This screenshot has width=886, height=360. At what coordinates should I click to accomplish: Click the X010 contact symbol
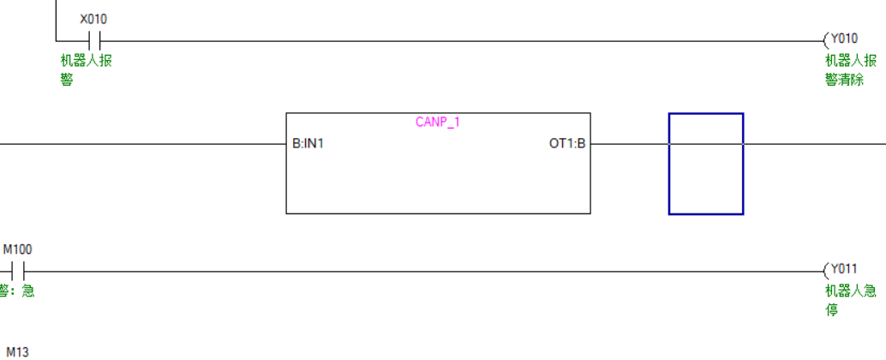point(95,40)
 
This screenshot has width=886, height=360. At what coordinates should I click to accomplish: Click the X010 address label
point(93,19)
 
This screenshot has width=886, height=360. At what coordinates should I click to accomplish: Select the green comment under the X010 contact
point(85,69)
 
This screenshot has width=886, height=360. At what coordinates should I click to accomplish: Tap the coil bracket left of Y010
point(826,39)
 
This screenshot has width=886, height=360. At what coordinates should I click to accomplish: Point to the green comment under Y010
point(850,69)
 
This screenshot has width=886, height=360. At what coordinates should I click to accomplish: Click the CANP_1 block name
point(438,122)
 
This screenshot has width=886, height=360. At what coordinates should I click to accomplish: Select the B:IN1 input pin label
point(308,143)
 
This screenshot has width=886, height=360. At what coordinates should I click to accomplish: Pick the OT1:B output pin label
point(567,143)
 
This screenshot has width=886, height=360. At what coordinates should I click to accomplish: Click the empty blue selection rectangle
point(706,164)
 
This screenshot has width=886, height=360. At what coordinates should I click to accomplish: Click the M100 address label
point(17,249)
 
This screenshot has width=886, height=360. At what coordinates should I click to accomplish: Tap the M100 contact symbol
point(18,272)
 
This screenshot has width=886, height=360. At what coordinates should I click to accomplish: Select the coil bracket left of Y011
point(826,271)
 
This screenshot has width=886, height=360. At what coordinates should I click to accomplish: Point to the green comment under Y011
point(850,300)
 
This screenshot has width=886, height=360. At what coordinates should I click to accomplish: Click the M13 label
point(17,351)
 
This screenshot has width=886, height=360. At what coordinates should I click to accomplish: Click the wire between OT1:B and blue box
point(630,143)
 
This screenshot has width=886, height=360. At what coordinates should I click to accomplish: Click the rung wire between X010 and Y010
point(463,40)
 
